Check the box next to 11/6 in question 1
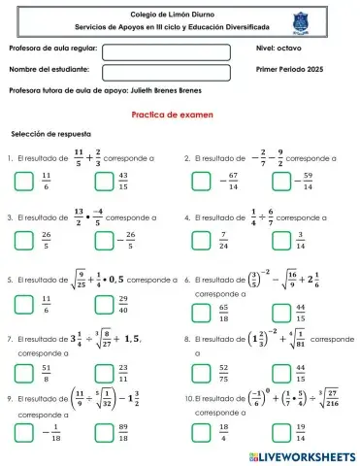pos(25,180)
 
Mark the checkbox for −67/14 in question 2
pos(201,180)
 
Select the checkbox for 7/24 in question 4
pos(201,241)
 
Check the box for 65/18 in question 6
pos(201,311)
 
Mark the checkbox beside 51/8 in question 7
pos(25,372)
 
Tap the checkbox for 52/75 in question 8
pos(201,372)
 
